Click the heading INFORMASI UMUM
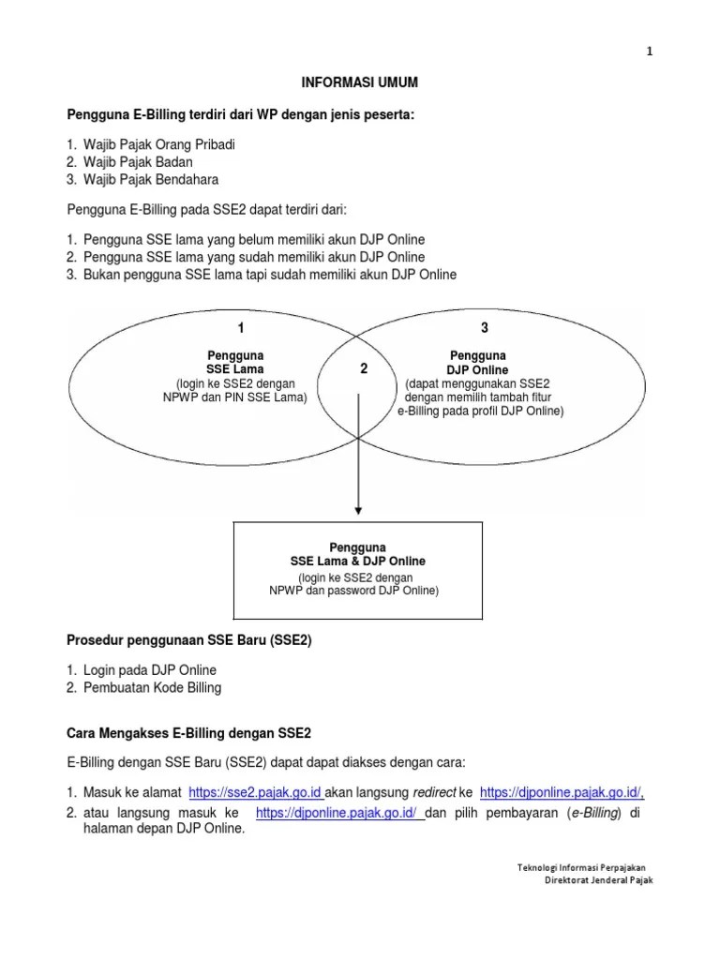pos(360,83)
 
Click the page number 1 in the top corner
pos(649,52)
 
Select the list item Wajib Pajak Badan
pos(137,162)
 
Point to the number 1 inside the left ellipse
pos(241,328)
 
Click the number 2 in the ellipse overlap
pos(363,369)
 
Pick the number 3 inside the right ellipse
pos(485,328)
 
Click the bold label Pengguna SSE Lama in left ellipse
pos(234,363)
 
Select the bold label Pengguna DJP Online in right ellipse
pos(478,363)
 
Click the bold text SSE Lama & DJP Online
pos(351,561)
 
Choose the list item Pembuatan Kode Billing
pos(152,687)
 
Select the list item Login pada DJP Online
pos(149,670)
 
